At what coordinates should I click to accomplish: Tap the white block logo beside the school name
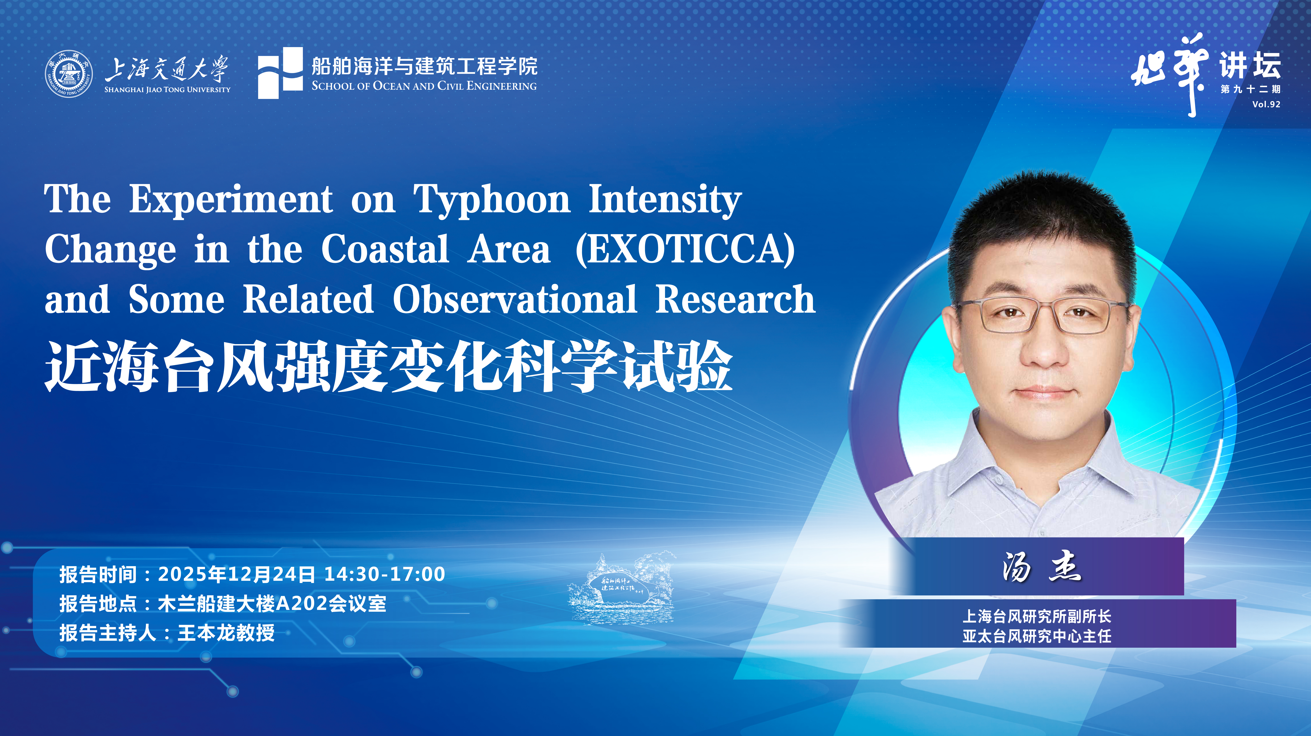(x=280, y=73)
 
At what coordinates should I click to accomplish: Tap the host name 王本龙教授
(x=226, y=633)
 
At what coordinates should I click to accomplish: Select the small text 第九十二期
(x=1250, y=89)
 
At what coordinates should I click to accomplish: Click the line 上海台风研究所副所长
(x=1037, y=616)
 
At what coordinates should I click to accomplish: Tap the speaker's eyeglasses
(x=1042, y=316)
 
